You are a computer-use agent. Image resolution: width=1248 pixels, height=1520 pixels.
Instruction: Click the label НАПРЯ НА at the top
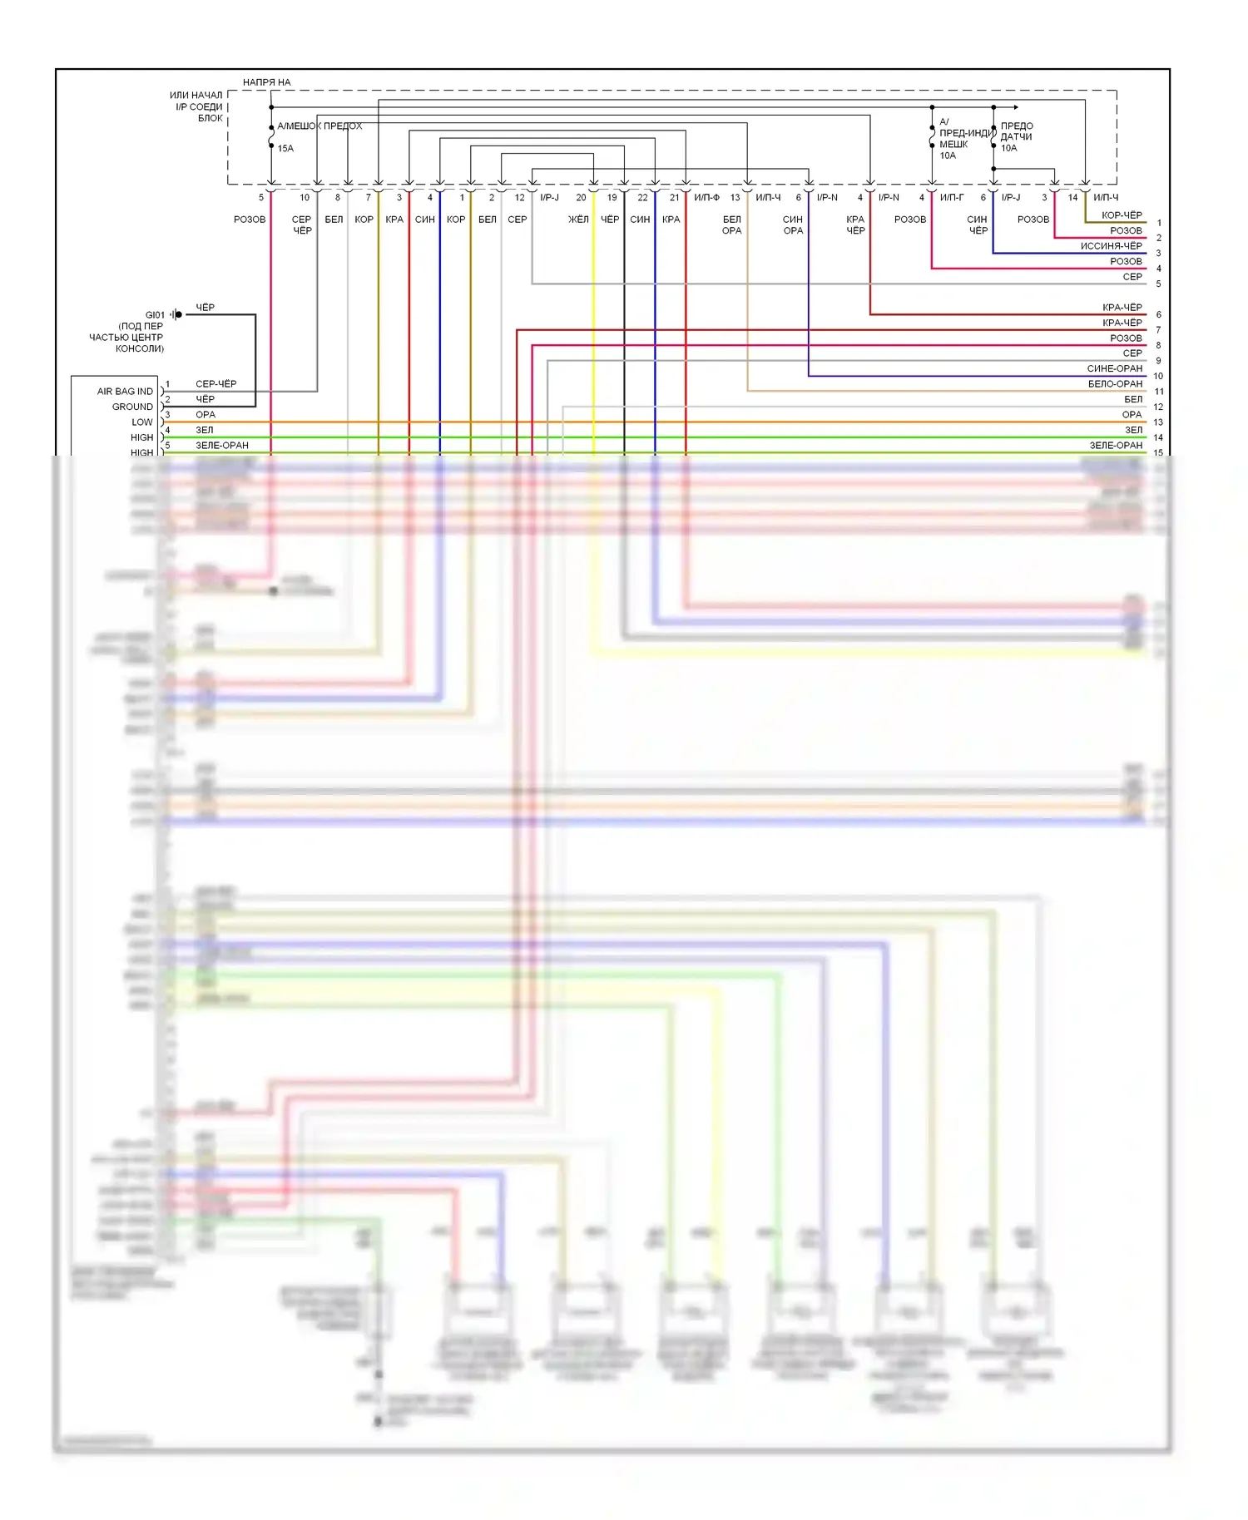tap(266, 82)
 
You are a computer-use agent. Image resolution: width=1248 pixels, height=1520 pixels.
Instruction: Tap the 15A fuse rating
tap(285, 148)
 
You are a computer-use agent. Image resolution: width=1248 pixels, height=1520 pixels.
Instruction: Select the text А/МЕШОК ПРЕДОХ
tap(319, 126)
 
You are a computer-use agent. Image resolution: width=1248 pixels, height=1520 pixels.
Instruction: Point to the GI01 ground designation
tap(156, 315)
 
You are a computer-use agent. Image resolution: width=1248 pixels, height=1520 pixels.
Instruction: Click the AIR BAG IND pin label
tap(125, 392)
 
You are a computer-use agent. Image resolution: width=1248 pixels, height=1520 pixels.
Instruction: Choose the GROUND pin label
tap(132, 407)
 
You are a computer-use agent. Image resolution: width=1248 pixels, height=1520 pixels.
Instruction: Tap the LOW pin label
tap(142, 422)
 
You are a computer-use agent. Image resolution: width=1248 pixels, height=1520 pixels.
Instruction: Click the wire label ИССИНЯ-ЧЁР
tap(1111, 246)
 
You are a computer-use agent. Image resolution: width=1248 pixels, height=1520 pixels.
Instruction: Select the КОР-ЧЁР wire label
tap(1122, 215)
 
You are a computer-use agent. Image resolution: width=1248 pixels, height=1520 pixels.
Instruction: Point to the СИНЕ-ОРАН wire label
tap(1115, 368)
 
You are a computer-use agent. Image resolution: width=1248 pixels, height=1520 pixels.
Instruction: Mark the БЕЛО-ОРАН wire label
tap(1115, 384)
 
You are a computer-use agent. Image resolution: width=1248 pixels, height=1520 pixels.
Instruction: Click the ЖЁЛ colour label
tap(578, 220)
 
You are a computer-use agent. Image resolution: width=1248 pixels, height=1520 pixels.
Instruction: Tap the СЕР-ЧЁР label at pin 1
tap(215, 384)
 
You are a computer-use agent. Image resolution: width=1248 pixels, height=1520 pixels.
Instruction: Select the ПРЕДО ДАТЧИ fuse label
tap(1017, 131)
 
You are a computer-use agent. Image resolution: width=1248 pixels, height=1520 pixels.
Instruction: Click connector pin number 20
tap(581, 198)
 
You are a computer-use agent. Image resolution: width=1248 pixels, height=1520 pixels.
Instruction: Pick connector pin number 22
tap(642, 198)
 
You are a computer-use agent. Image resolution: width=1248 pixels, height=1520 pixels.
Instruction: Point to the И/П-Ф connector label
tap(706, 198)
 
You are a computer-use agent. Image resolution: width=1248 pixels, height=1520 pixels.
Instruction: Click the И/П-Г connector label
tap(952, 198)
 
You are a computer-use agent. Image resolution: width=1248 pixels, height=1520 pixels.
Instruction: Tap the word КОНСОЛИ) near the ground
tap(140, 348)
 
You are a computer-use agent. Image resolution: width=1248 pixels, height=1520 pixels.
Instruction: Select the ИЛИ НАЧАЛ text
tap(196, 96)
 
